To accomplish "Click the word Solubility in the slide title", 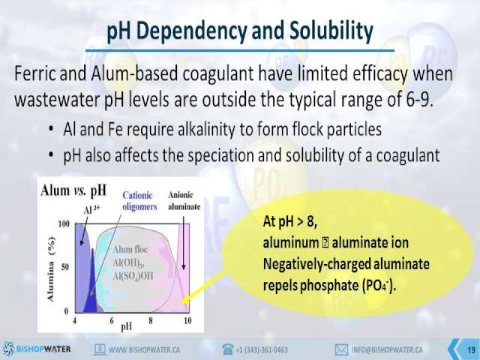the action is coord(331,31).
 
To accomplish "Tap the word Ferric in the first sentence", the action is coord(34,73).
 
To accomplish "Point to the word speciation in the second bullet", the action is coord(220,155).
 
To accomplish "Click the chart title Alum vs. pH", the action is coord(73,190).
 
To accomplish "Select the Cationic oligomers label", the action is coord(139,201).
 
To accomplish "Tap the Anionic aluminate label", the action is coord(184,200).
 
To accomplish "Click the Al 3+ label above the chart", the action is coord(91,209).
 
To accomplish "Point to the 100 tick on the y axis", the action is coord(64,224).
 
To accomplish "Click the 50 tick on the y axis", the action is coord(65,267).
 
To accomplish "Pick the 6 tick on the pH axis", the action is coord(112,320).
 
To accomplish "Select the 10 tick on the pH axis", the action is coord(187,320).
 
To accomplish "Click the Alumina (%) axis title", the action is coord(52,269).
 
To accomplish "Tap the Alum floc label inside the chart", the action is coord(130,250).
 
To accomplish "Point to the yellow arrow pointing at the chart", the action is coord(205,286).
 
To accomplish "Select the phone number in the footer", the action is coord(262,349).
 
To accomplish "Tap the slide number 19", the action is coord(472,350).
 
